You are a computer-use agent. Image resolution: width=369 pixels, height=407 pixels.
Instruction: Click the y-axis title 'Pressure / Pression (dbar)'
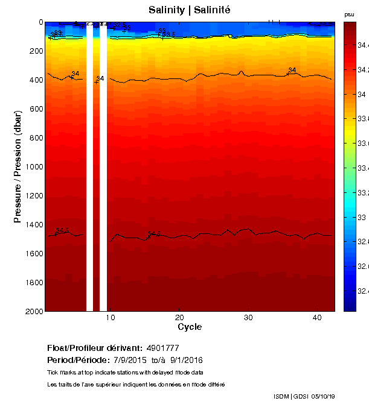[18, 166]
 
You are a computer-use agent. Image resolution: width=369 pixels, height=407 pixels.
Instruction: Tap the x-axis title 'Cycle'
[190, 327]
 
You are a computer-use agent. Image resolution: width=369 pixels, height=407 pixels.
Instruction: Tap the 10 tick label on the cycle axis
[111, 317]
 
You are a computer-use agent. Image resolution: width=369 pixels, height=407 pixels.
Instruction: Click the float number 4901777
[162, 348]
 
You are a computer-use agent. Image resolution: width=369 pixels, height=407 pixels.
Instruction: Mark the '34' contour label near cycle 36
[292, 71]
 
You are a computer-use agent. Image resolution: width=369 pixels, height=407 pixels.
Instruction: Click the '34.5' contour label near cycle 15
[155, 233]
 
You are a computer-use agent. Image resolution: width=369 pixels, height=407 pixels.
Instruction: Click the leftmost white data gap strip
[90, 166]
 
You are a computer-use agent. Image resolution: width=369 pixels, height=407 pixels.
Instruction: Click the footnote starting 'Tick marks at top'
[125, 372]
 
